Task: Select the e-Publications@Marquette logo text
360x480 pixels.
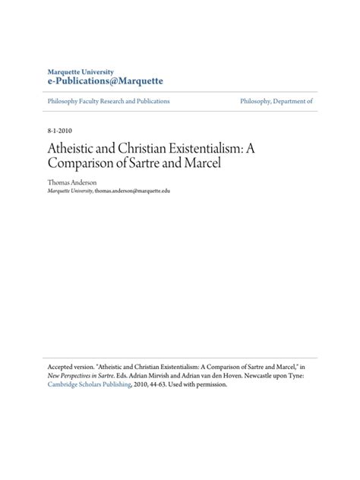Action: (x=105, y=81)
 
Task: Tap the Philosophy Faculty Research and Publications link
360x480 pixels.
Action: (x=108, y=101)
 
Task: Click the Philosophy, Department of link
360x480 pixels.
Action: (x=276, y=101)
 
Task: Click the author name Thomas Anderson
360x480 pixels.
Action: (x=71, y=183)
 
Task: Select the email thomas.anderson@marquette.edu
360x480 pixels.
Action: (x=133, y=191)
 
